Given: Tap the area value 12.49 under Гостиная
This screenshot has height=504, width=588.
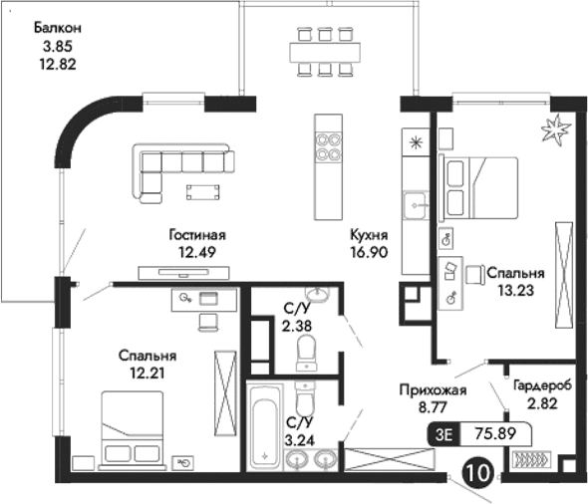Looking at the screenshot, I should (197, 252).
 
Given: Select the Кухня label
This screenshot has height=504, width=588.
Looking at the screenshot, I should (368, 235).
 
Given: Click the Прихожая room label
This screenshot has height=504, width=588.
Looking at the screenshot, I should (428, 390).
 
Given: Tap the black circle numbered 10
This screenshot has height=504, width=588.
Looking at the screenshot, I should (478, 470).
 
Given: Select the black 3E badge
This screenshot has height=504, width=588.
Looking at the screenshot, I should (443, 433).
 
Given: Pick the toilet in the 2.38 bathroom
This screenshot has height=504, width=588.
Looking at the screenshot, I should (307, 350).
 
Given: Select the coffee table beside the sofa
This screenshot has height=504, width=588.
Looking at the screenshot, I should (204, 190).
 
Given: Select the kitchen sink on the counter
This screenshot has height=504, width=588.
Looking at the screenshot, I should (416, 207).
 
